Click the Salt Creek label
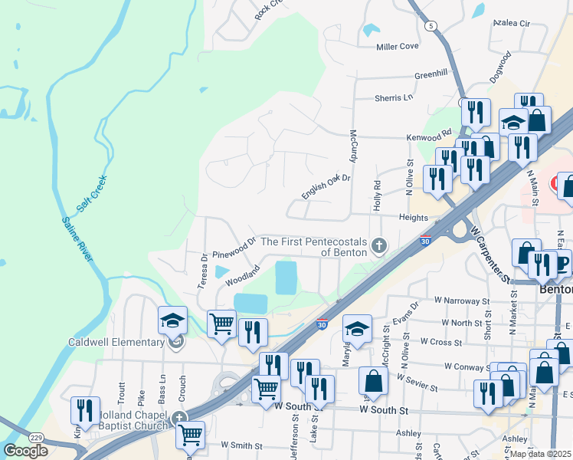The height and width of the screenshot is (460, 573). tap(91, 194)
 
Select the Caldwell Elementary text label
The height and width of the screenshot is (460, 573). tap(116, 342)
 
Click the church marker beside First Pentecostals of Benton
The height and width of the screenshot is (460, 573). tap(377, 246)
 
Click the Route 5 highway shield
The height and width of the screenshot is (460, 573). tap(432, 25)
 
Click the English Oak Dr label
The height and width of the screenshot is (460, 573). tap(326, 185)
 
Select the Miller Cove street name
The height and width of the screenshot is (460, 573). tap(398, 46)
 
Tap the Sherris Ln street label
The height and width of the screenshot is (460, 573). tap(394, 97)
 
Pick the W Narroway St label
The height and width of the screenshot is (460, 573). tap(461, 301)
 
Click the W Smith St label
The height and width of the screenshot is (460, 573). tap(241, 445)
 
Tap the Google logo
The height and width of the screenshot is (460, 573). tap(25, 451)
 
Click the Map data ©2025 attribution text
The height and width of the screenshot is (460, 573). tap(540, 454)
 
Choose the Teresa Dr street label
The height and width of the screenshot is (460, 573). tap(203, 271)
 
